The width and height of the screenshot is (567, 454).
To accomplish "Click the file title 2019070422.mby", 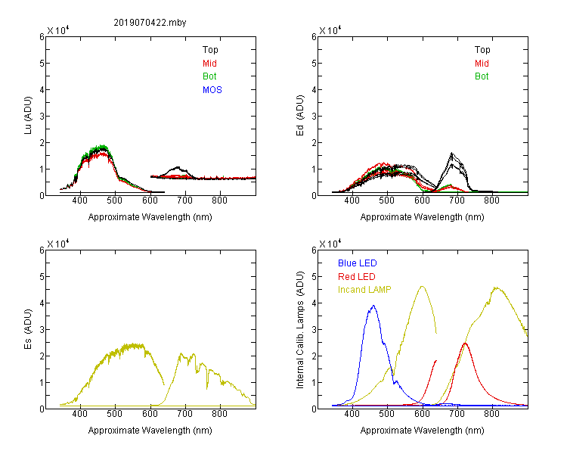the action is coord(150,23).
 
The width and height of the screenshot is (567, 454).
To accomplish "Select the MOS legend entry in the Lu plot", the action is coord(212,90).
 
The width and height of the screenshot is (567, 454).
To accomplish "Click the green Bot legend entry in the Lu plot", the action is coord(209,76).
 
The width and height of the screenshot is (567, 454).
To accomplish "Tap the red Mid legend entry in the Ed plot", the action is coord(482,64).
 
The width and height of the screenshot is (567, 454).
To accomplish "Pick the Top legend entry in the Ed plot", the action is coord(482,50).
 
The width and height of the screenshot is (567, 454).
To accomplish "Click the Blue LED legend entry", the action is coord(358,263).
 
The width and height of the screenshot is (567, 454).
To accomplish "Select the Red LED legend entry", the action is coord(357,277).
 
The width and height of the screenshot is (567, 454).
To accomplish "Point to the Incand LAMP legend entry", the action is coord(364,290).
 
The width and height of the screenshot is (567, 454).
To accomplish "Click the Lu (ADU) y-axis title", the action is coord(28,116).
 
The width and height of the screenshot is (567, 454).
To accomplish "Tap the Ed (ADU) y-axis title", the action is coord(300,116).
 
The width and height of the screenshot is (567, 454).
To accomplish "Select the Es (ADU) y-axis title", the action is coord(28,329).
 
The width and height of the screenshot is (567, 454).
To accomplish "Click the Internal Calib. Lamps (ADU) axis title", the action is coord(300,330).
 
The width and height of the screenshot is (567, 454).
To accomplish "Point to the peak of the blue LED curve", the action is coord(373,306).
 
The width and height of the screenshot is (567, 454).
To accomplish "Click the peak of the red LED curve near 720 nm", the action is coord(465,343).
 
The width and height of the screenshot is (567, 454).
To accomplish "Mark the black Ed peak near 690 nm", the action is coord(451,153).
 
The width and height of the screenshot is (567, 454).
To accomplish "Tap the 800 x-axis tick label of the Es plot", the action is coord(219,413).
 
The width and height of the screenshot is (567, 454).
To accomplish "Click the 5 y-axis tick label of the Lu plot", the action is coord(42,63).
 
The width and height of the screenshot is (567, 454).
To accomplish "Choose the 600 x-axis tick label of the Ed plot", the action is coord(422,201).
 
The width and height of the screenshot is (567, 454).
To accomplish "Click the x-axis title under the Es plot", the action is coord(150,431).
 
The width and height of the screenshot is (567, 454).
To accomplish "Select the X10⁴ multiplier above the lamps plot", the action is coord(330,244).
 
